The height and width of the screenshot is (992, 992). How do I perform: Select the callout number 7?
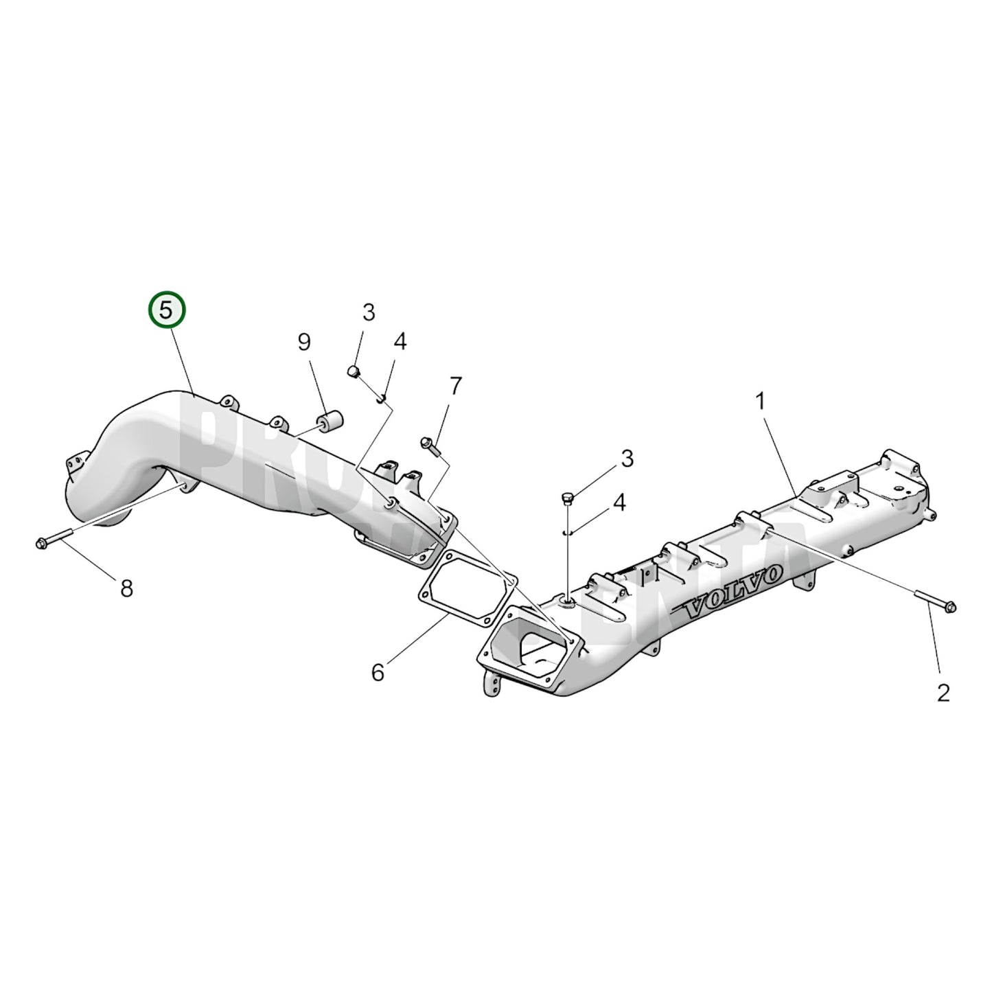(x=456, y=386)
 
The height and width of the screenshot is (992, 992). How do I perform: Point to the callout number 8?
(x=126, y=588)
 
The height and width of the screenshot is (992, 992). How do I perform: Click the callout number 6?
(x=378, y=673)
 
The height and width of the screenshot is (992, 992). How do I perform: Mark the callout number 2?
(x=943, y=693)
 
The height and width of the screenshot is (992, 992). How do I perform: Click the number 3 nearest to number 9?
(x=369, y=313)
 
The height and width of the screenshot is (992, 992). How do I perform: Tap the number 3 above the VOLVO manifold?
(x=627, y=460)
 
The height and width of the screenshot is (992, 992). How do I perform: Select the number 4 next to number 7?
(x=400, y=341)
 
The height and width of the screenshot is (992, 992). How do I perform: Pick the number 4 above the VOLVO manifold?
(x=619, y=503)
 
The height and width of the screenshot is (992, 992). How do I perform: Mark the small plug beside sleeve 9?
(x=354, y=373)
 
